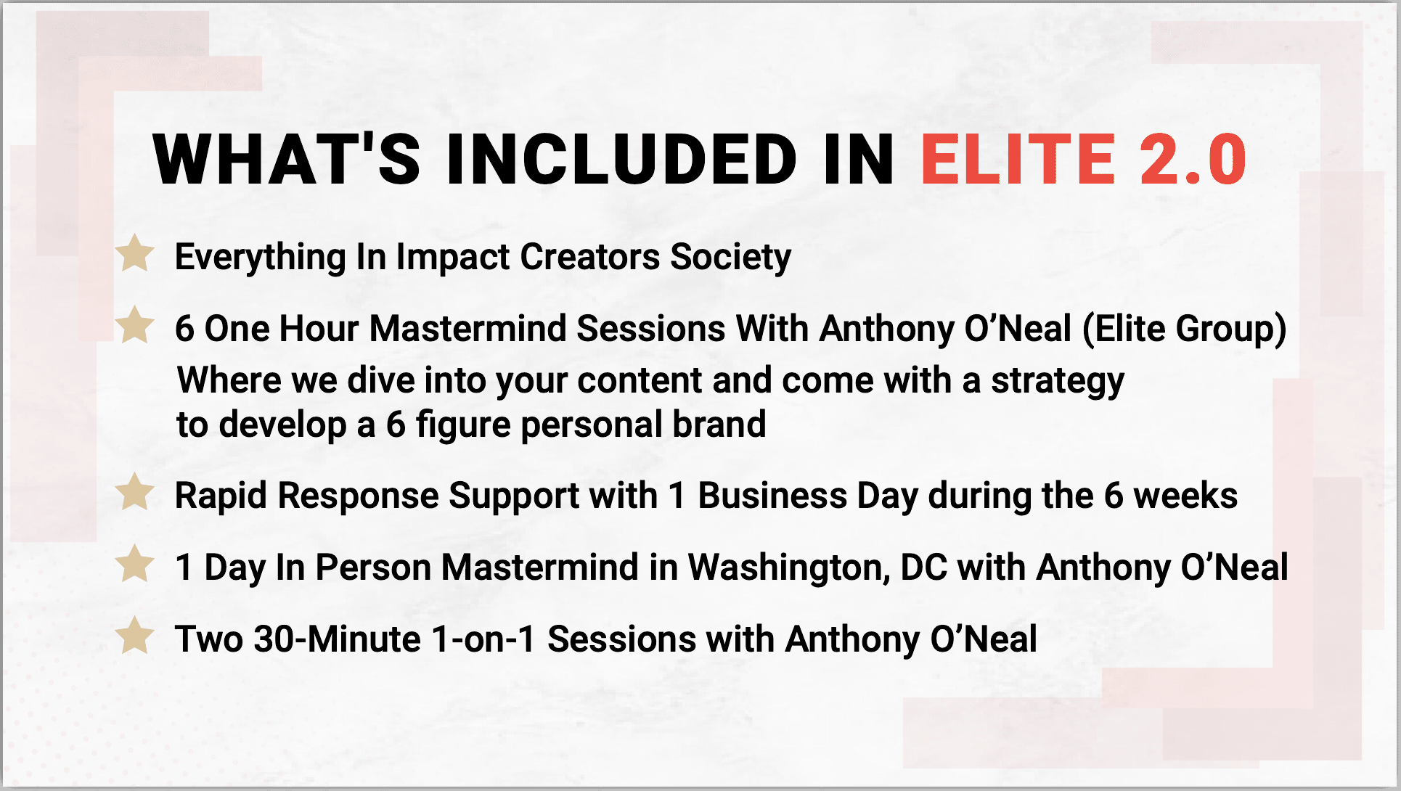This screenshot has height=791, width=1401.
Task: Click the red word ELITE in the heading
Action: coord(1018,159)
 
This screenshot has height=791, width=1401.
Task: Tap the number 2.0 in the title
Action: coord(1193,159)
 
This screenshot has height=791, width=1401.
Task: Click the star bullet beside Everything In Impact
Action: coord(135,253)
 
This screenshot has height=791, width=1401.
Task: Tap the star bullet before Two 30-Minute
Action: coord(135,636)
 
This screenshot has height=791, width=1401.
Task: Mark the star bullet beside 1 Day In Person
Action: coord(135,564)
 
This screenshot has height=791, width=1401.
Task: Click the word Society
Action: coord(730,258)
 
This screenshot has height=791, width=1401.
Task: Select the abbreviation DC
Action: coord(924,567)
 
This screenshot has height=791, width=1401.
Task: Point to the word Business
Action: coord(772,496)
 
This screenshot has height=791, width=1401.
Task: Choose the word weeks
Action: coord(1185,496)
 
